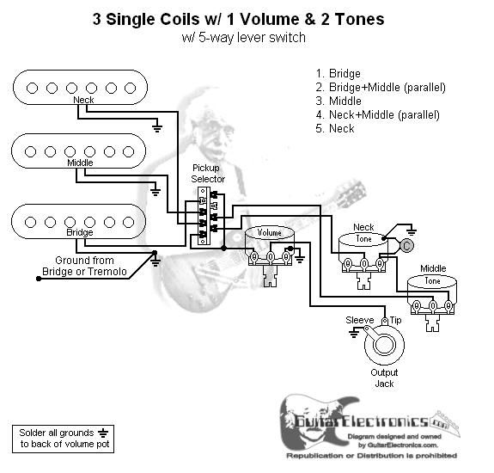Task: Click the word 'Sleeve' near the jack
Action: tap(360, 320)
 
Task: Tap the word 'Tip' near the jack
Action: tap(396, 320)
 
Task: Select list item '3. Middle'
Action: tap(339, 101)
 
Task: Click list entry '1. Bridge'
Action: tap(338, 73)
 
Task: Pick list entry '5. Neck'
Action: tap(335, 128)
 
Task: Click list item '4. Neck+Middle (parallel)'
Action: tap(378, 114)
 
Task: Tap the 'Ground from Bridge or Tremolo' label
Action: tap(84, 266)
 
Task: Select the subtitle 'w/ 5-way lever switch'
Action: tap(244, 38)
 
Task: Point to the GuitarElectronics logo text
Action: tap(369, 421)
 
